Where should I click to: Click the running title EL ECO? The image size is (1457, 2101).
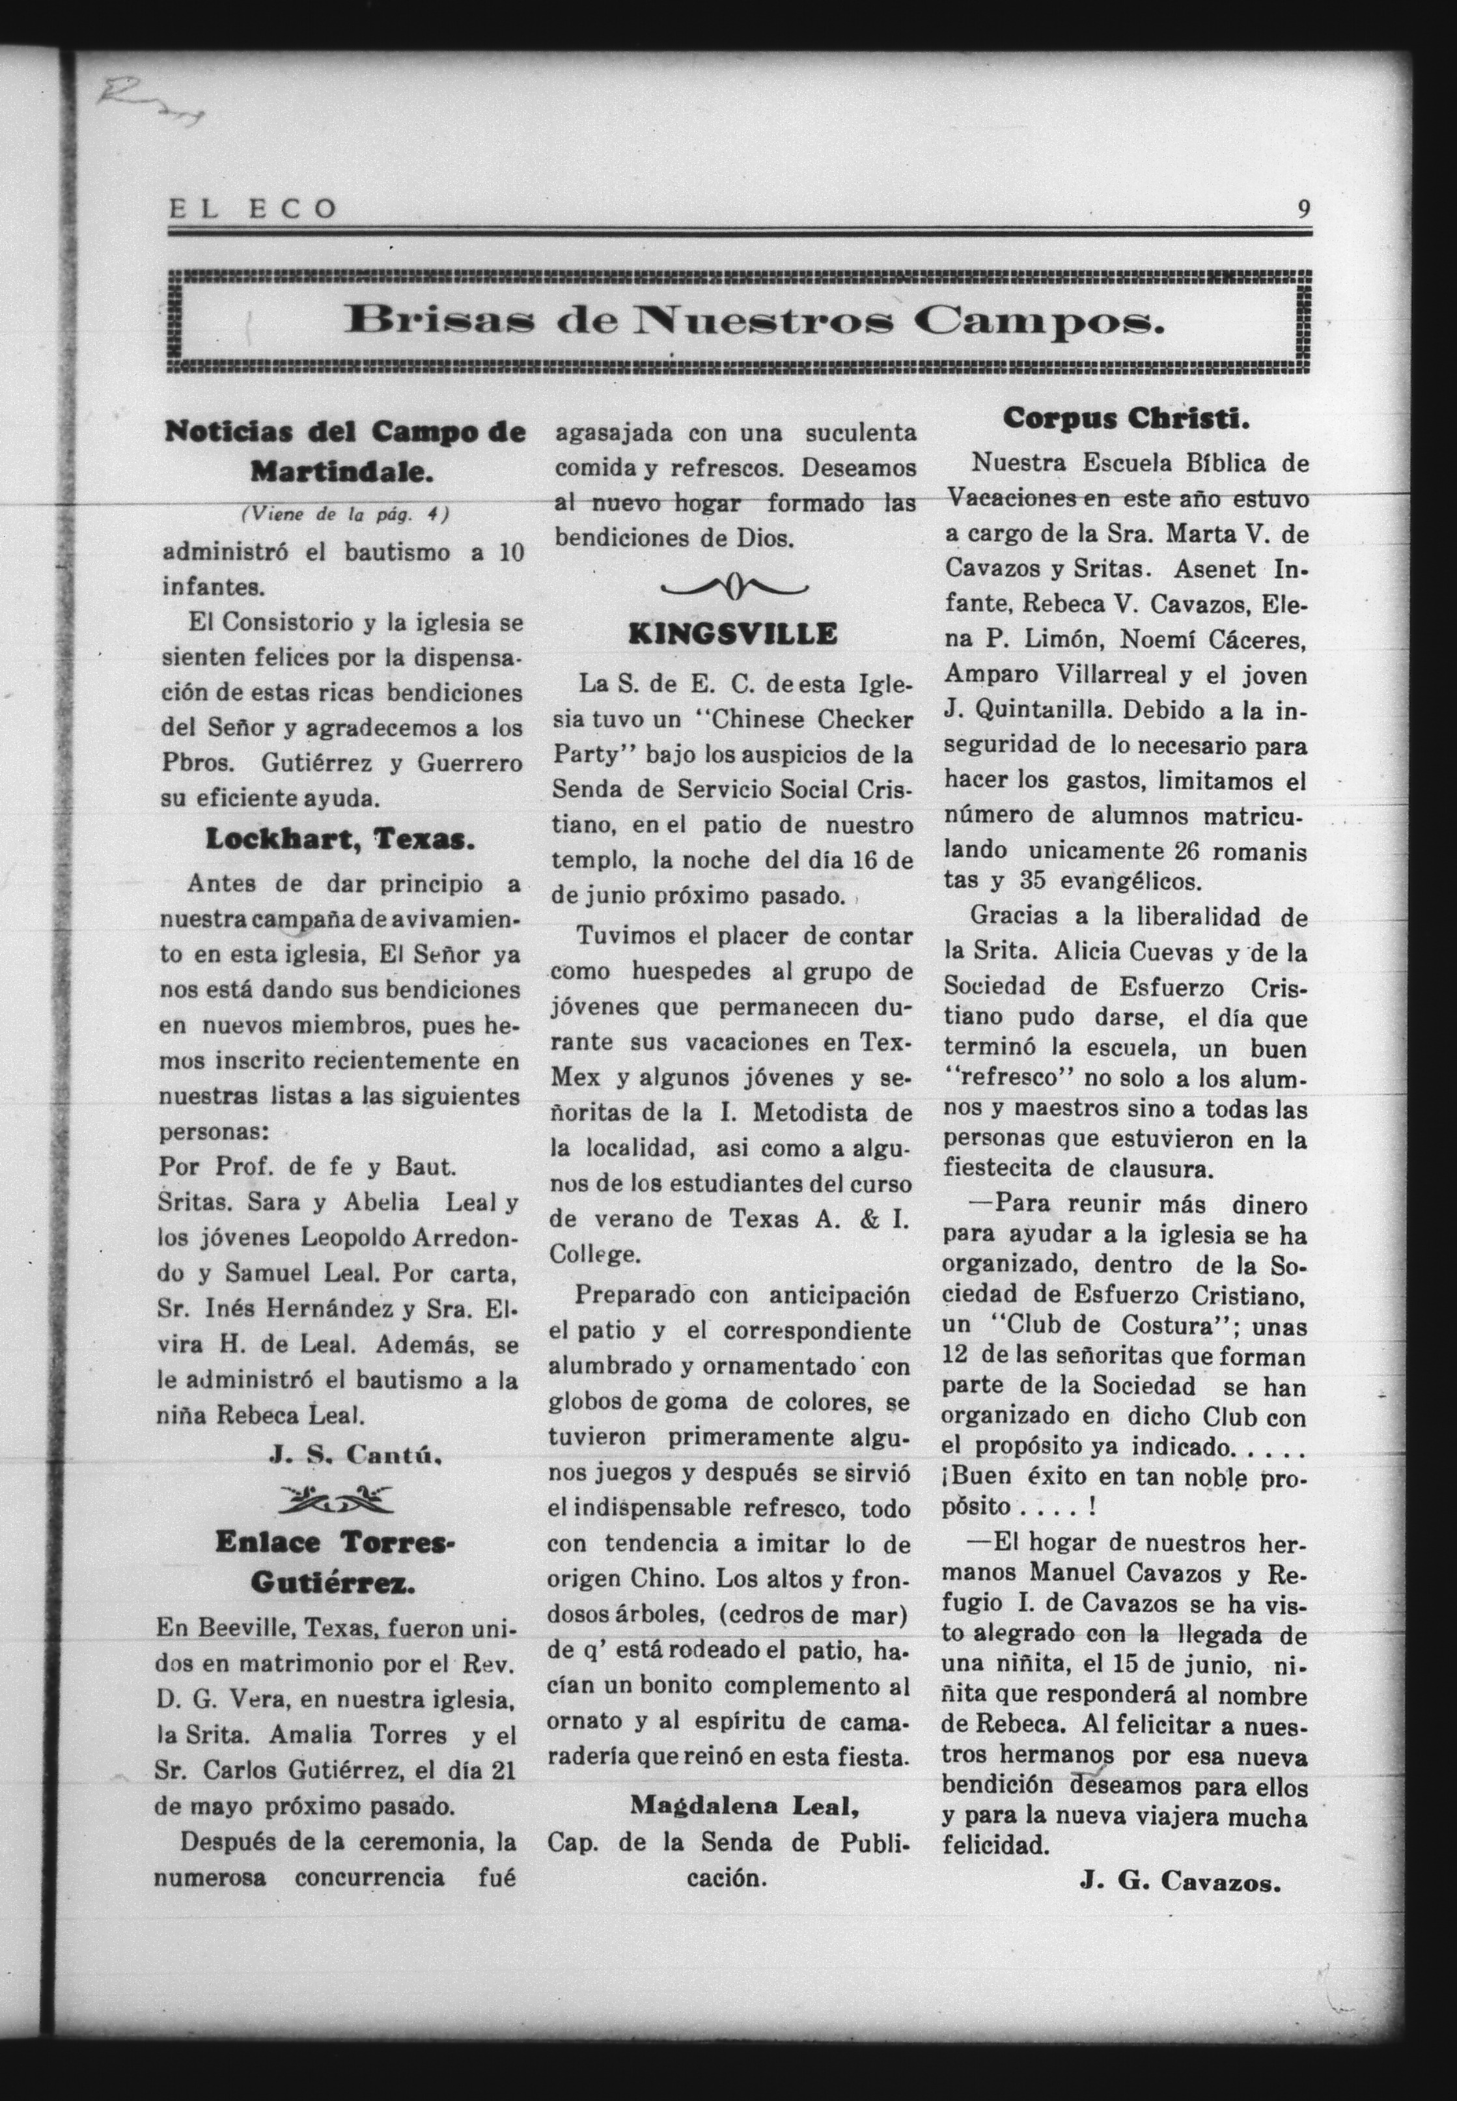253,210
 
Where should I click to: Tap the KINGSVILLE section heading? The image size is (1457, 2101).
732,634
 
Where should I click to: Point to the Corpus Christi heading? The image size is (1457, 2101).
1126,418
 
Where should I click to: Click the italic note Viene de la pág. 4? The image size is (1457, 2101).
345,514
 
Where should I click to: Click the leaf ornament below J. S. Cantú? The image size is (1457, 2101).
338,1497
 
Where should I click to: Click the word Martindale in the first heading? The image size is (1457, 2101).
341,472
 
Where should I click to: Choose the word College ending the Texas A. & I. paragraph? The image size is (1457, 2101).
594,1255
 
